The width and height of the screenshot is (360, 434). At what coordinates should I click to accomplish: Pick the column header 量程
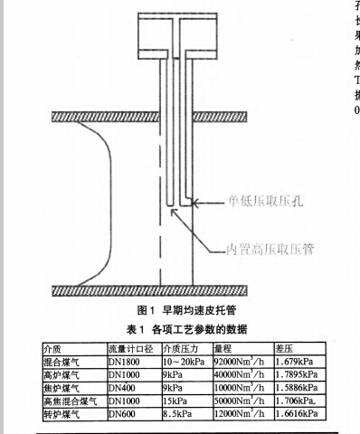225,348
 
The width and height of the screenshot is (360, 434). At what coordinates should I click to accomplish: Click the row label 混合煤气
61,361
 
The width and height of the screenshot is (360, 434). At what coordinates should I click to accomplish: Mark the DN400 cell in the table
123,387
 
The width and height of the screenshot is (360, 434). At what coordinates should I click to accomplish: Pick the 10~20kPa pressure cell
185,361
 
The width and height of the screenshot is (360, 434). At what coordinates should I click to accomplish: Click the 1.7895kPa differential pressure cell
296,374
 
